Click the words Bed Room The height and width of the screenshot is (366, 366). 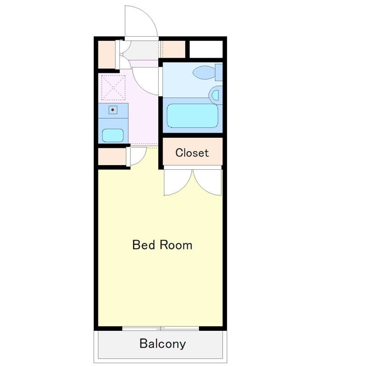tap(162, 245)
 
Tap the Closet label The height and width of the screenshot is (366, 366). tap(192, 153)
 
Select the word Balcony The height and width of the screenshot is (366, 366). tap(162, 344)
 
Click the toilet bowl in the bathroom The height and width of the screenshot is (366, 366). tap(204, 72)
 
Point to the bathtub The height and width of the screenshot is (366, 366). tap(192, 116)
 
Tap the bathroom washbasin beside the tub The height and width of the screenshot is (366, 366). tap(215, 95)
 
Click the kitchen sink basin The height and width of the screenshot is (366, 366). tap(113, 135)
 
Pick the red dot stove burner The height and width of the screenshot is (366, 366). tap(112, 110)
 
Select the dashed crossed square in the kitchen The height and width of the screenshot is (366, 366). tap(113, 88)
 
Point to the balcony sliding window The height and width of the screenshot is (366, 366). tap(161, 328)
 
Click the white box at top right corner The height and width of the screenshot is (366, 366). tap(206, 49)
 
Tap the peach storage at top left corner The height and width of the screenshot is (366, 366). tap(106, 54)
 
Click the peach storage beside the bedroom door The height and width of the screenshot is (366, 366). tap(112, 156)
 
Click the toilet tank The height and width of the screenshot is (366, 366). tap(219, 72)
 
